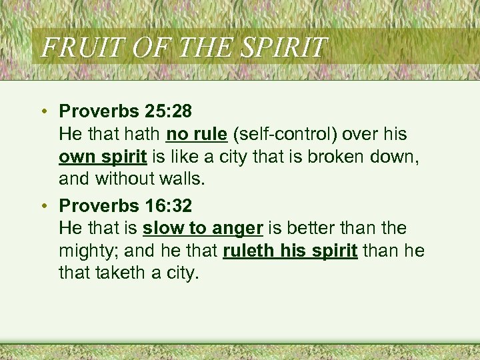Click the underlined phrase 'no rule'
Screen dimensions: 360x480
pos(197,135)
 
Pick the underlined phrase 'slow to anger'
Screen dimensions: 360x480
pos(203,228)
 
